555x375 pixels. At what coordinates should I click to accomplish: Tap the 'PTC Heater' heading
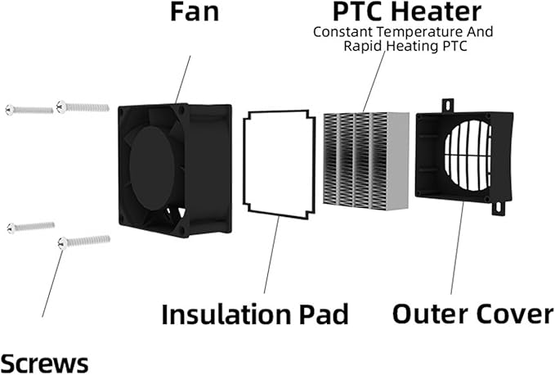[407, 11]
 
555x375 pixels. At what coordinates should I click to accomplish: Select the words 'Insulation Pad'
[255, 314]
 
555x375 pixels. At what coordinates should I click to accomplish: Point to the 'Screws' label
[44, 362]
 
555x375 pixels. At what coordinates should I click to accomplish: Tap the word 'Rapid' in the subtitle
[361, 46]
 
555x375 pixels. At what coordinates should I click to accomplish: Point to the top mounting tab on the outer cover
[447, 106]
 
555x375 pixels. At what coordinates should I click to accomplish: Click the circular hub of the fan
[153, 168]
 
